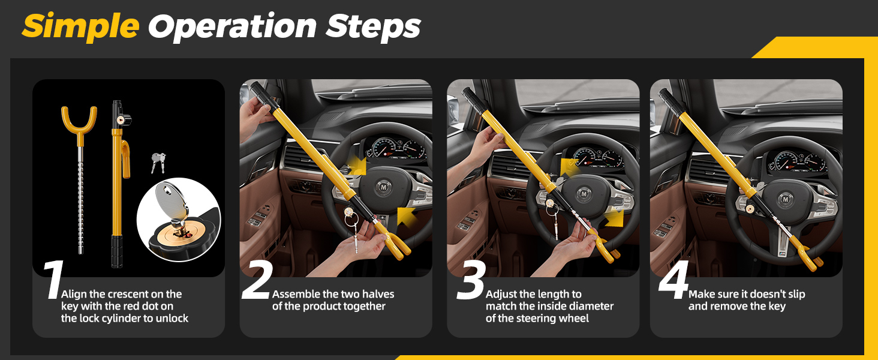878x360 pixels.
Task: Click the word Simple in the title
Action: coord(80,26)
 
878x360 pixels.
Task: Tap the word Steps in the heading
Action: coord(374,26)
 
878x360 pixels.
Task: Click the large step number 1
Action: coord(53,280)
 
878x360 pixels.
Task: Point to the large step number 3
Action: coord(470,280)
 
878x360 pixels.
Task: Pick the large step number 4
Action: coord(673,280)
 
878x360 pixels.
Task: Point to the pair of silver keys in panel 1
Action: coord(158,161)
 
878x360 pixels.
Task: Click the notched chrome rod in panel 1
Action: coord(79,204)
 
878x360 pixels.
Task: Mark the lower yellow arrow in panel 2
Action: coord(406,216)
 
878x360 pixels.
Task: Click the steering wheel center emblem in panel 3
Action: coord(583,193)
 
